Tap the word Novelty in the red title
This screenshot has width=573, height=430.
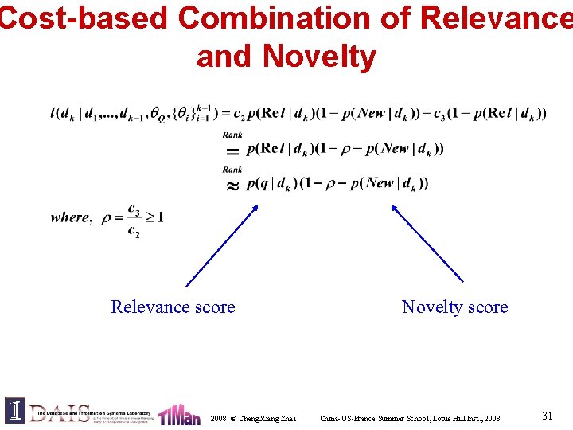click(x=318, y=57)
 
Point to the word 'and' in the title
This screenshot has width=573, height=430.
click(x=224, y=57)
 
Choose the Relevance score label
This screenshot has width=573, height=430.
click(x=173, y=307)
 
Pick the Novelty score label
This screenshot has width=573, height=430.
click(x=454, y=307)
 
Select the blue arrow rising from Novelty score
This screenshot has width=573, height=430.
click(x=426, y=243)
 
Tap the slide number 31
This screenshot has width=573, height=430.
click(x=548, y=416)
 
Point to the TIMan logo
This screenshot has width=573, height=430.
click(x=178, y=414)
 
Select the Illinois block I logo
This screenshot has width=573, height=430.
click(x=15, y=410)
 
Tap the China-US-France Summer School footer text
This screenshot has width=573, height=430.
click(x=410, y=418)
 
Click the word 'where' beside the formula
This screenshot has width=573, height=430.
click(x=70, y=217)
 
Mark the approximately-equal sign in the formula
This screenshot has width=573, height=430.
click(x=232, y=184)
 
